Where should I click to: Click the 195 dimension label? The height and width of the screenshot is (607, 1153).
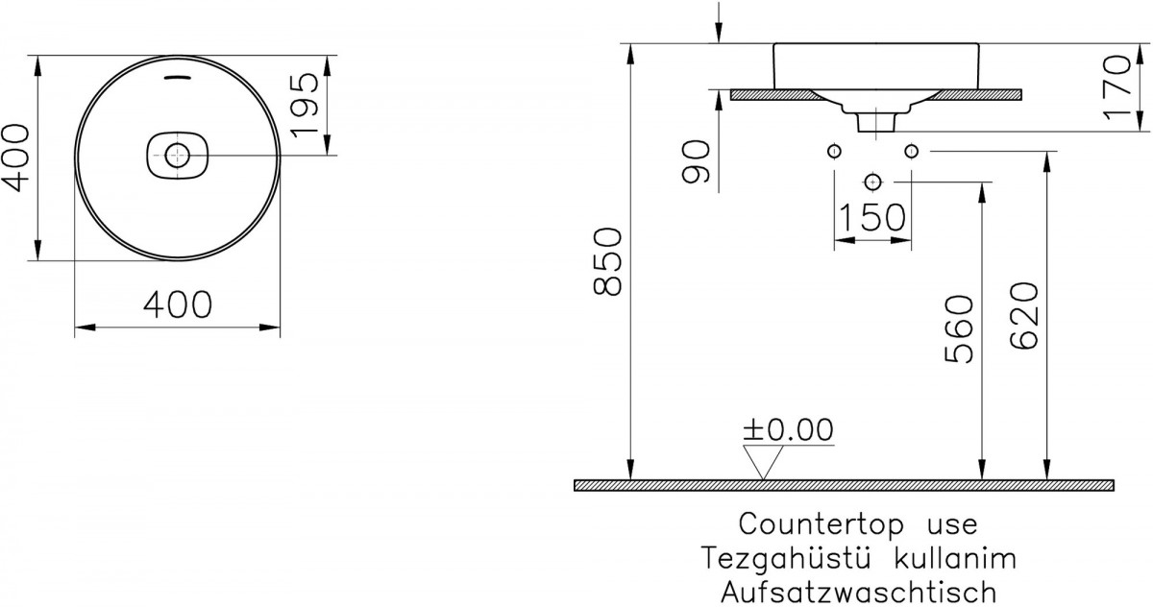click(x=306, y=105)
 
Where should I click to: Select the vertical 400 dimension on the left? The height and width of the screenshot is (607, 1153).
click(x=15, y=158)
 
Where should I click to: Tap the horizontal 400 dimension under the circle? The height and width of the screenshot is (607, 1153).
click(x=178, y=304)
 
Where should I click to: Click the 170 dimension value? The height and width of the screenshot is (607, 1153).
click(x=1118, y=88)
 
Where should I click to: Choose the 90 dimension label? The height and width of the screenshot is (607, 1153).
click(x=696, y=161)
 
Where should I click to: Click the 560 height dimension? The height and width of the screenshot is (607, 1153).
click(x=960, y=329)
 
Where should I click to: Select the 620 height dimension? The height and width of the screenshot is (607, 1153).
click(x=1024, y=316)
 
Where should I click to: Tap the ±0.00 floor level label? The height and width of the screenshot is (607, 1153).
click(x=788, y=429)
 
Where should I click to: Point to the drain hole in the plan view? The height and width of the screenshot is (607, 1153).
click(x=178, y=155)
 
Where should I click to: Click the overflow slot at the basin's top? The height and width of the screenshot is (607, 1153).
click(x=178, y=78)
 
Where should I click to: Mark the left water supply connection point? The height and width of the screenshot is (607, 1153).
click(x=834, y=151)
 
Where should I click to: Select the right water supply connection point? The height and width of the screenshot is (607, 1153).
click(x=911, y=151)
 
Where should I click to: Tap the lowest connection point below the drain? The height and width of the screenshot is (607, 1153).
click(x=872, y=182)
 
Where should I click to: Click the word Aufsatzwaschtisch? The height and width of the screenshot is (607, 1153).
click(x=859, y=592)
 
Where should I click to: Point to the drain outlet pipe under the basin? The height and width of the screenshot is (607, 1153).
click(x=876, y=122)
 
